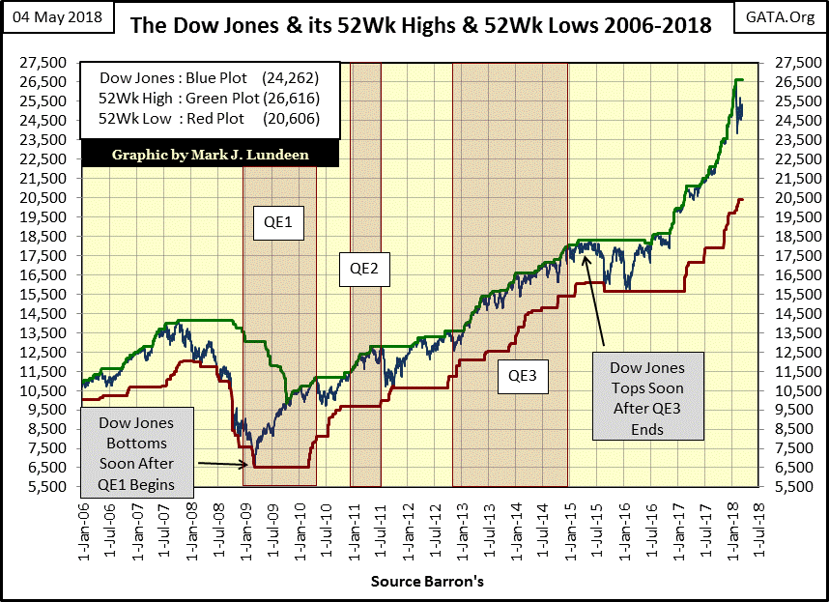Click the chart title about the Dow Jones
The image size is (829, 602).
tap(420, 24)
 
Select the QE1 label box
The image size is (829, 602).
tap(278, 225)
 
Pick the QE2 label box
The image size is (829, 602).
tap(364, 269)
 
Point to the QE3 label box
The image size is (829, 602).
tap(523, 375)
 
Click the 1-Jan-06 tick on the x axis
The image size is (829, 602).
tap(85, 527)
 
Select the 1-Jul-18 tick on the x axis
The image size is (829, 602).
tap(753, 527)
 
